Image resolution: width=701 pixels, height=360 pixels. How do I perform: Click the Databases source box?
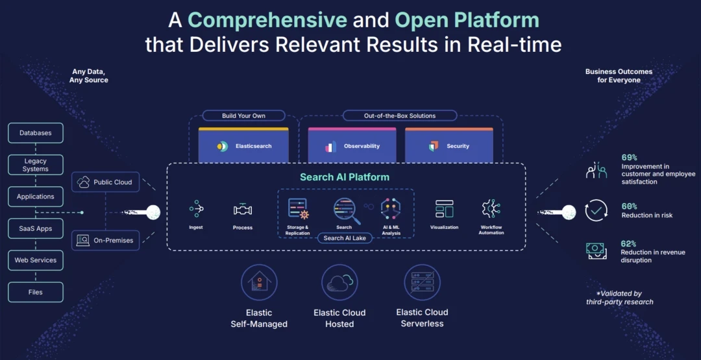[36, 133]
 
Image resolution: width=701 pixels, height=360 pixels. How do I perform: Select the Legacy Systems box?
[36, 165]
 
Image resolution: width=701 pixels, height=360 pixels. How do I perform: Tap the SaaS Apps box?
[36, 228]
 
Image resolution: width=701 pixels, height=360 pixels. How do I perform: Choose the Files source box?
[36, 292]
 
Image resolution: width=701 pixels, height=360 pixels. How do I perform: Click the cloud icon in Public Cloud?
[84, 182]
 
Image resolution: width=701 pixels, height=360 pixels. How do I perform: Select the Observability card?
[352, 145]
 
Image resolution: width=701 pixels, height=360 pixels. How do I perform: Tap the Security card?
[449, 145]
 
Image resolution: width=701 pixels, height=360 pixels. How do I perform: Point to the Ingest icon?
[196, 209]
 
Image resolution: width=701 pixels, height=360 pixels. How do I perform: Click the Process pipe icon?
[243, 210]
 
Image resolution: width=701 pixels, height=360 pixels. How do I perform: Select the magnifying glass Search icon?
[344, 209]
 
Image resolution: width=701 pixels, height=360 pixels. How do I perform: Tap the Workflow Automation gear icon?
[491, 208]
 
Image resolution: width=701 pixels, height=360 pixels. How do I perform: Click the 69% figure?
[629, 158]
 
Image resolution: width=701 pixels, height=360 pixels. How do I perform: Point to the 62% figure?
[628, 244]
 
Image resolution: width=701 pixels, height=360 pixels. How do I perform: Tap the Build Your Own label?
[243, 116]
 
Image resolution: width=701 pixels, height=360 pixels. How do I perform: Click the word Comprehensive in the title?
[267, 20]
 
